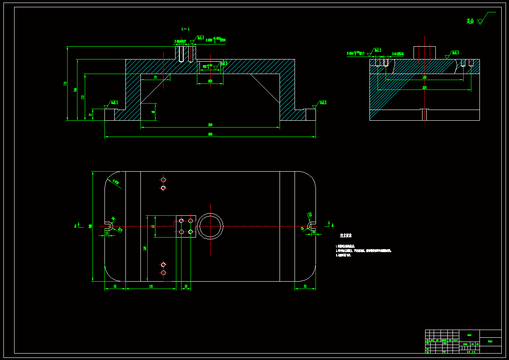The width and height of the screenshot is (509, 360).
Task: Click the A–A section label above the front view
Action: pyautogui.click(x=186, y=29)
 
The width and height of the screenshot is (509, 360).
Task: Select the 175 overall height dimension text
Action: pyautogui.click(x=65, y=83)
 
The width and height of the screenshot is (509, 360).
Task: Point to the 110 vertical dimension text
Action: pyautogui.click(x=83, y=97)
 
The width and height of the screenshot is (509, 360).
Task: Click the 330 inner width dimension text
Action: pyautogui.click(x=210, y=125)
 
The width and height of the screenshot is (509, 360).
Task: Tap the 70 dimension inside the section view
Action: pyautogui.click(x=155, y=78)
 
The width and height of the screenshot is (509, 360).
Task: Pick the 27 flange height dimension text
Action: pyautogui.click(x=90, y=114)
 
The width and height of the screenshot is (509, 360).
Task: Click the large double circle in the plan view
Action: pyautogui.click(x=210, y=226)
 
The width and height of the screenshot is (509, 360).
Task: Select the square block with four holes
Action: pyautogui.click(x=186, y=226)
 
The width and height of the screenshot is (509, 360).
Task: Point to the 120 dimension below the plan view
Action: pyautogui.click(x=151, y=286)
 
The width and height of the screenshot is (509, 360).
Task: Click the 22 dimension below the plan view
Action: pyautogui.click(x=186, y=286)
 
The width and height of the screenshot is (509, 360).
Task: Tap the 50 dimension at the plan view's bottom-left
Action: pyautogui.click(x=115, y=286)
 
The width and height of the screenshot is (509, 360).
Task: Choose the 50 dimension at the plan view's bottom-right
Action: pyautogui.click(x=305, y=286)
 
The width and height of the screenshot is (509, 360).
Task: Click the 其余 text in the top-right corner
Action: pyautogui.click(x=470, y=21)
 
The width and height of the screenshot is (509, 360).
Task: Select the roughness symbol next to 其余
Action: pyautogui.click(x=481, y=20)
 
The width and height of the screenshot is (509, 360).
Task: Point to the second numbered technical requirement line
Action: pyautogui.click(x=364, y=250)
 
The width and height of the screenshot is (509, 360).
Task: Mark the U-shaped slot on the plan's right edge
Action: pyautogui.click(x=312, y=226)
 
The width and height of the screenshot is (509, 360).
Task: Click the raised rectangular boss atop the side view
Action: pyautogui.click(x=424, y=53)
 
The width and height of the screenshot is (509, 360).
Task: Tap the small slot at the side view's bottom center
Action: pyautogui.click(x=424, y=115)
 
